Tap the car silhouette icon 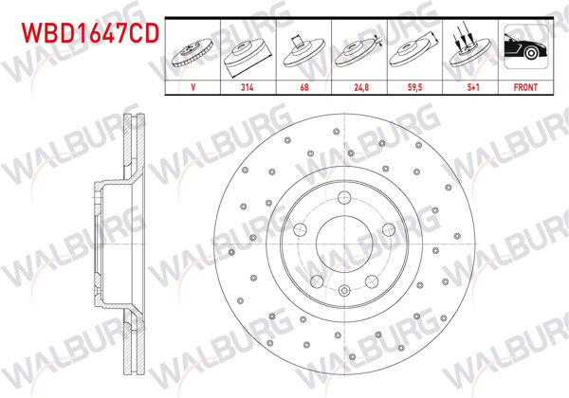(525, 47)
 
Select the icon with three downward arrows (470, 47)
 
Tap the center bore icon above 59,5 (415, 49)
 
